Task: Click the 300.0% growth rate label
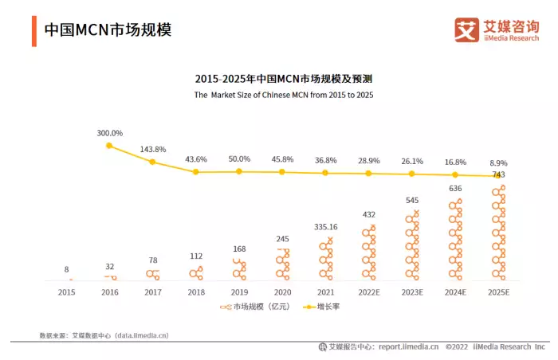point(109,133)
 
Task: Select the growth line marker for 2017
point(152,162)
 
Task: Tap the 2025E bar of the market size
point(499,233)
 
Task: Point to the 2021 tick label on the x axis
point(325,292)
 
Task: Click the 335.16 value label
point(326,227)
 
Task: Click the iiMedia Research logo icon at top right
point(466,29)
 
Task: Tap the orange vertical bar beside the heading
point(33,30)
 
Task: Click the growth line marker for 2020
point(282,172)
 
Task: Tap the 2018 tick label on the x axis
point(195,292)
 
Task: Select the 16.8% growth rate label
point(455,162)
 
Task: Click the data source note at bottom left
point(104,335)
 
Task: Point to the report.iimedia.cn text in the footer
point(408,346)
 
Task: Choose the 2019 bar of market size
point(239,269)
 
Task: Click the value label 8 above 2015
point(66,269)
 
